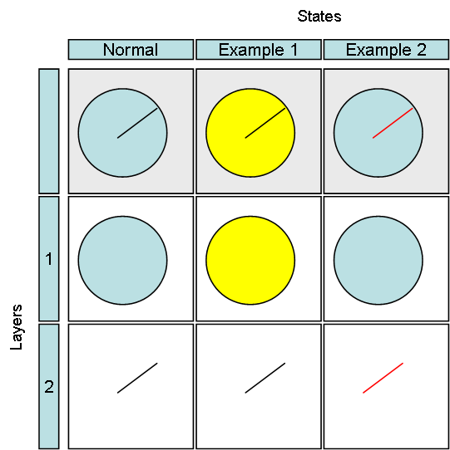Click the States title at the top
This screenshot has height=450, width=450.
tap(319, 16)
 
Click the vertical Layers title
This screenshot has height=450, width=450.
tap(16, 327)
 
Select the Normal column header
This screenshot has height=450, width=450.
tap(131, 49)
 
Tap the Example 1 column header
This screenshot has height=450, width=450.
tap(259, 49)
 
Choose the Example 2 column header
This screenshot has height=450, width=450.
tap(386, 49)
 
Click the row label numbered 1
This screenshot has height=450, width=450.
tap(49, 259)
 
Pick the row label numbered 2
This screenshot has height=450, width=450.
tap(49, 387)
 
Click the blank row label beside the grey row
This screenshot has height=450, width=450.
tap(49, 131)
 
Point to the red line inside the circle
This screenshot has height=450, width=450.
tap(393, 123)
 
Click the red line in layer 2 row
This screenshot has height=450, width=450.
tap(383, 378)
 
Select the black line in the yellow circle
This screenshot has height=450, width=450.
tap(265, 123)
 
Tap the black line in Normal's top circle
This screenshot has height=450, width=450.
tap(137, 123)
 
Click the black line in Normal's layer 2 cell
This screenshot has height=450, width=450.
tap(137, 378)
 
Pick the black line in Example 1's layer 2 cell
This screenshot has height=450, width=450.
tap(265, 378)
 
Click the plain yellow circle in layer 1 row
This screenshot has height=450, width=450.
tap(250, 261)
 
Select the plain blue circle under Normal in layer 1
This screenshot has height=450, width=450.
tap(123, 261)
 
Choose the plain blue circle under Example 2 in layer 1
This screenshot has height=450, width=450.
tap(378, 261)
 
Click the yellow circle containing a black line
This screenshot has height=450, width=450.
tap(250, 155)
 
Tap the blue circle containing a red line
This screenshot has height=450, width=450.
tap(378, 155)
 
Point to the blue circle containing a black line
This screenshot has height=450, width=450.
tap(123, 155)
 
